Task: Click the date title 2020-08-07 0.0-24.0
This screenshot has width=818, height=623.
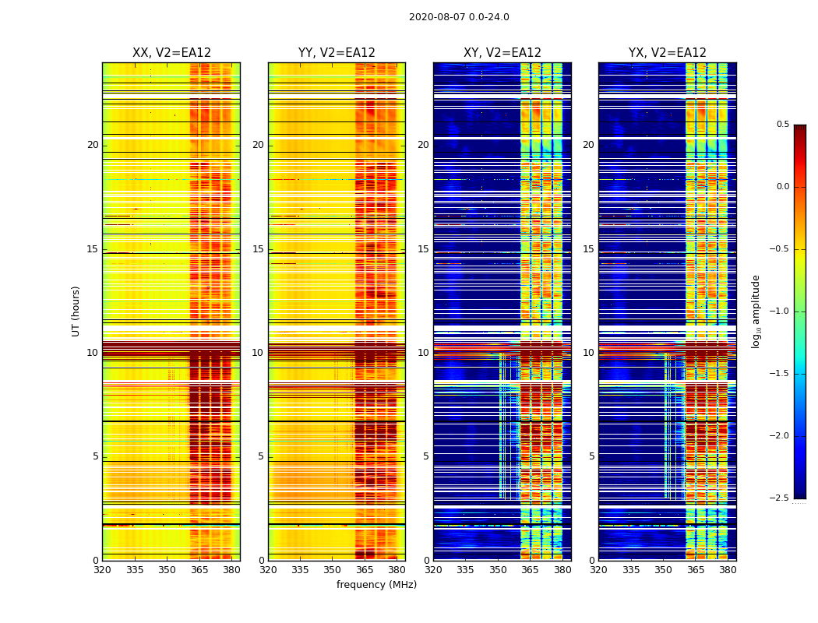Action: pos(459,17)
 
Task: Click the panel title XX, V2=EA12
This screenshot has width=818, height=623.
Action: pos(171,53)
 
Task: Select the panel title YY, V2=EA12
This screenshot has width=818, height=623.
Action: pos(337,53)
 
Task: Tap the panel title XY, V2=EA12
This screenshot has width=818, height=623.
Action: pos(502,53)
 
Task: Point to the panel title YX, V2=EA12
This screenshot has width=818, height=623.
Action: pos(668,53)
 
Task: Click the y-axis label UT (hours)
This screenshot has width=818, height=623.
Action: pos(76,311)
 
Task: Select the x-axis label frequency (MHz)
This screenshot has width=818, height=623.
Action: pos(376,585)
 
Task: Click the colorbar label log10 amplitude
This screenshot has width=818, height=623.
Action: pos(756,311)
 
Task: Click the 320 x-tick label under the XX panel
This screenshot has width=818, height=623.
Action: pos(102,571)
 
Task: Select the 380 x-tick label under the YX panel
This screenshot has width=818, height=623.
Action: pos(728,571)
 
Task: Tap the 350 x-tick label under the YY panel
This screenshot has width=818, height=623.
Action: pos(333,571)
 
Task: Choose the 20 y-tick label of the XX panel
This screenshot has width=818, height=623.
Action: pos(93,145)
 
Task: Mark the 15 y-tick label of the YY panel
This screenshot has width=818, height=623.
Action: pos(258,249)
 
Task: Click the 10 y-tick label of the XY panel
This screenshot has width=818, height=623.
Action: pos(423,353)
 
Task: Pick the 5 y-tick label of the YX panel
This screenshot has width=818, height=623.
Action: pos(591,456)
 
